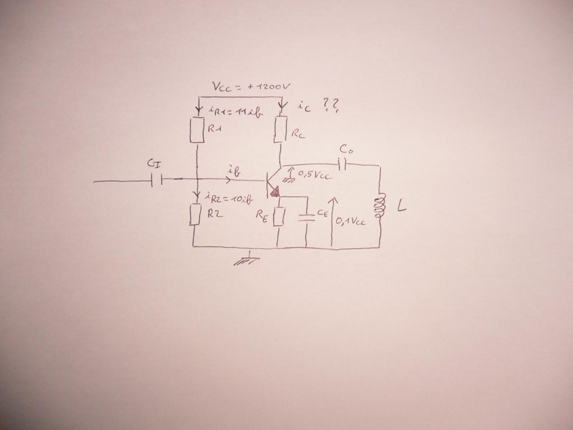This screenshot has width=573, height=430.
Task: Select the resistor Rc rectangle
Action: coord(281,129)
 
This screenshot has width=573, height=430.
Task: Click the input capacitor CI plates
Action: coord(157,181)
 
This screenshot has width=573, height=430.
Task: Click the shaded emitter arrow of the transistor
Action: coord(274,192)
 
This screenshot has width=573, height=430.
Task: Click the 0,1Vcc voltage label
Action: coord(351,220)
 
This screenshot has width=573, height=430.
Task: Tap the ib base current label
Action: coord(233,171)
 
